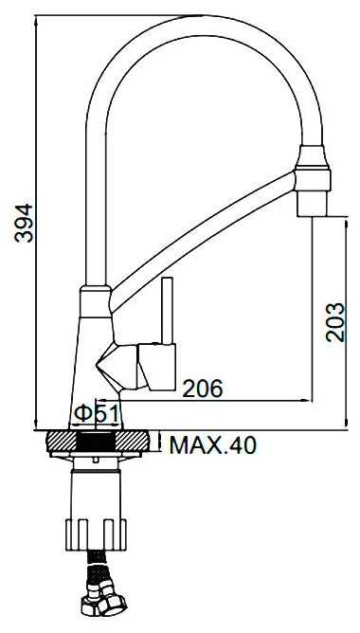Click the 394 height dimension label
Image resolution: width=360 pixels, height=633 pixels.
(24, 223)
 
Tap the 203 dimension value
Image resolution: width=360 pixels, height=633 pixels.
(335, 322)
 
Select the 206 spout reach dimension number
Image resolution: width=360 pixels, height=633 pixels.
(203, 389)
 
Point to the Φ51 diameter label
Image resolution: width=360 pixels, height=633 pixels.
(97, 413)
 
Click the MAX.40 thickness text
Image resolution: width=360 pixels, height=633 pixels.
(213, 444)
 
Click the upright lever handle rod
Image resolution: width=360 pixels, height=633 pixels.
(168, 311)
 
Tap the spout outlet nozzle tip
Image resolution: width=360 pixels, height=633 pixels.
(312, 204)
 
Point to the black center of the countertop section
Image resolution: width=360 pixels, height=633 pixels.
(96, 442)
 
